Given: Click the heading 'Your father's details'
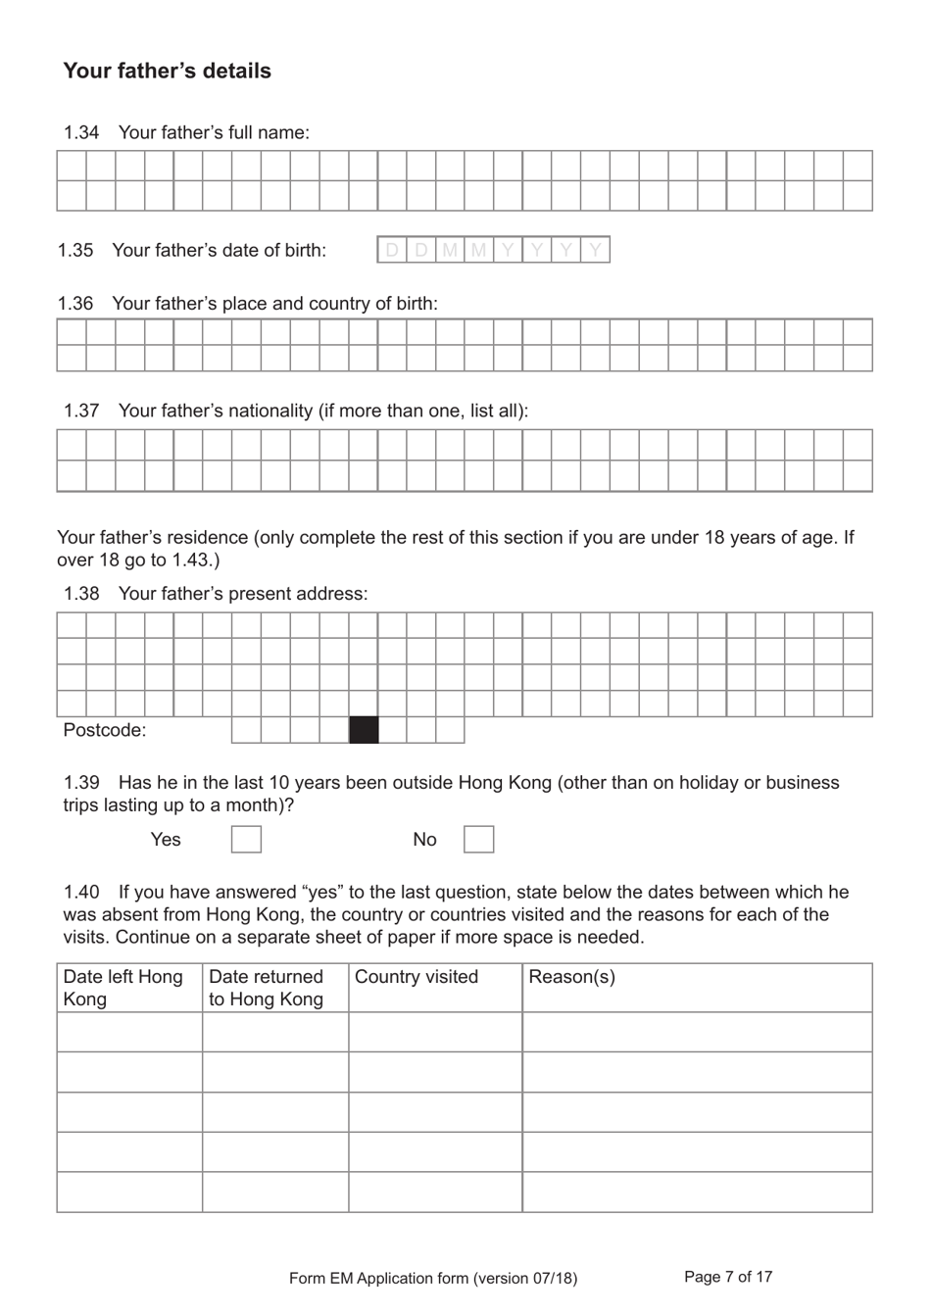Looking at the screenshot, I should click(167, 71).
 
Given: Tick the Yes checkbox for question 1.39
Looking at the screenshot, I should click(246, 840).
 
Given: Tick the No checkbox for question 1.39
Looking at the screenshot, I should click(478, 840).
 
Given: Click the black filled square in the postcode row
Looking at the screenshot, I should click(364, 730).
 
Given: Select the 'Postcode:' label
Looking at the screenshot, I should click(105, 730).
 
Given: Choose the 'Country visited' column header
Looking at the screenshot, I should click(416, 977).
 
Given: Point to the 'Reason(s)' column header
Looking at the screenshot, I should click(571, 977).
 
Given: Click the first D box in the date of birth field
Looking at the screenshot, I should click(392, 250).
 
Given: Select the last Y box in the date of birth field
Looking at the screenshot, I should click(595, 250).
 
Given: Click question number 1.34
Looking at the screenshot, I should click(81, 132).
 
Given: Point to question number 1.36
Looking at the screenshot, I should click(75, 304).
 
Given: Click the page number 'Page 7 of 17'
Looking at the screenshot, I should click(728, 1277).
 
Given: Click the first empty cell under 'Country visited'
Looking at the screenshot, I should click(435, 1032).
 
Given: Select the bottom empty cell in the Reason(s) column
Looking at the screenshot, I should click(697, 1193).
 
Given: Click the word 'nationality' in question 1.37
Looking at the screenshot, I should click(274, 411).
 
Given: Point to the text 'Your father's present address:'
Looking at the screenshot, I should click(243, 594).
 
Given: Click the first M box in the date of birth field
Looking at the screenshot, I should click(450, 250).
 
